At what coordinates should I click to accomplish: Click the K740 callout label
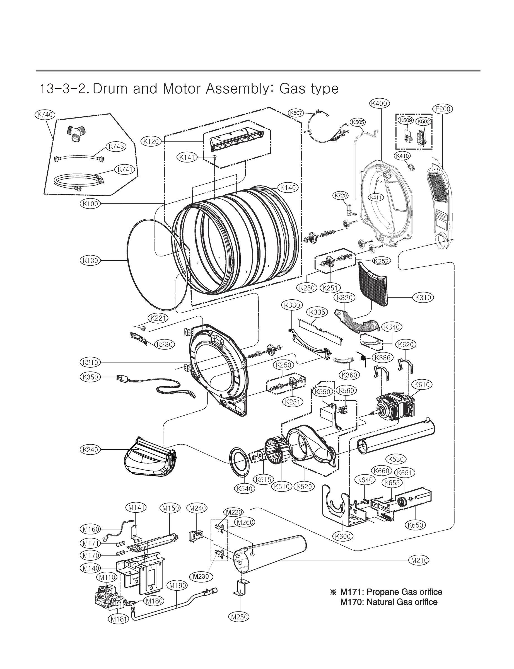tap(45, 115)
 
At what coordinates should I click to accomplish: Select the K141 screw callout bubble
tap(187, 157)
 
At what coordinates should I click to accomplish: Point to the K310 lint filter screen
tap(372, 284)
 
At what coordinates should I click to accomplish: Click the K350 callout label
tap(91, 377)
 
